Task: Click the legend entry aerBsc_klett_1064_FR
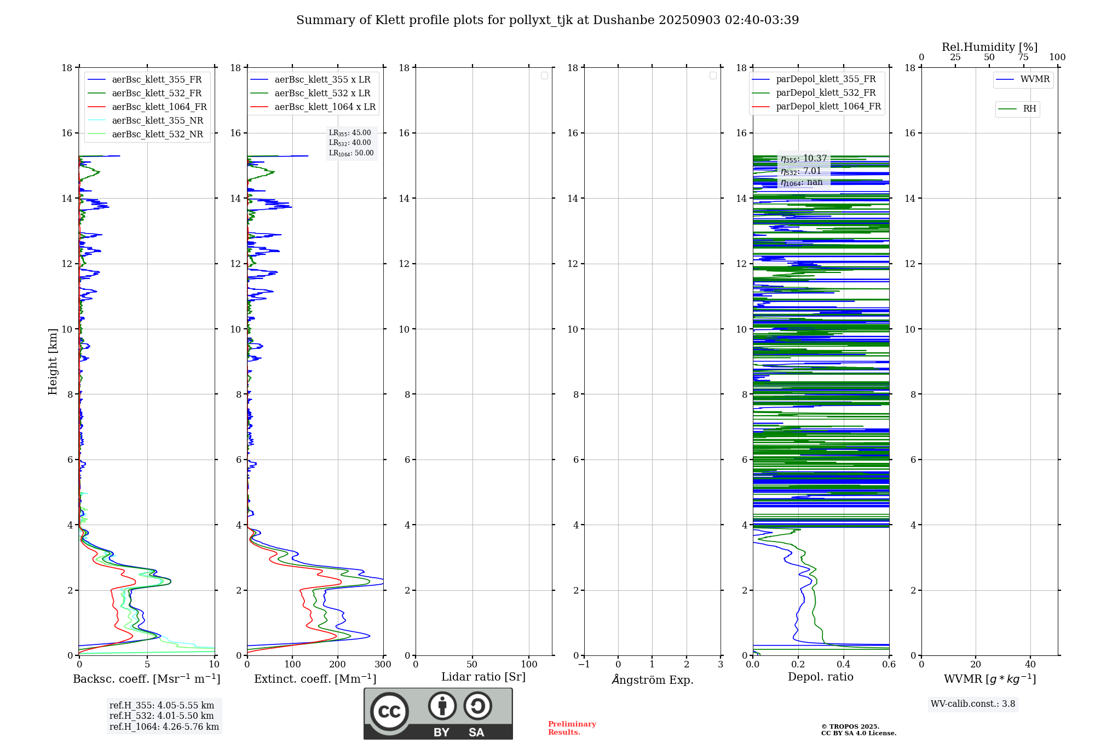click(x=159, y=107)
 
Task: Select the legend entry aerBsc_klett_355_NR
click(x=157, y=120)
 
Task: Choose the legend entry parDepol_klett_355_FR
click(x=825, y=79)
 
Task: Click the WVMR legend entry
click(x=1034, y=79)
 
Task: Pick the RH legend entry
click(x=1029, y=109)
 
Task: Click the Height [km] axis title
click(x=53, y=362)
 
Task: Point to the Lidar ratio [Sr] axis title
click(x=483, y=677)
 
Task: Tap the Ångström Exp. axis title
click(x=652, y=679)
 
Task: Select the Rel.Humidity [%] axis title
click(x=989, y=47)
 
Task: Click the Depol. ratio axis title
click(x=820, y=677)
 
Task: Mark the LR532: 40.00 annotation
click(x=350, y=143)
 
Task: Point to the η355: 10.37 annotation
click(x=803, y=159)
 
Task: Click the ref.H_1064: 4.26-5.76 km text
click(x=164, y=726)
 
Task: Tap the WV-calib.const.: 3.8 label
click(x=972, y=704)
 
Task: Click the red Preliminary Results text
click(x=572, y=728)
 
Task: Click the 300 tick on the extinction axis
click(x=383, y=664)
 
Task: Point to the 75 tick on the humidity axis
click(x=1023, y=57)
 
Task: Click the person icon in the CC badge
click(x=442, y=706)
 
